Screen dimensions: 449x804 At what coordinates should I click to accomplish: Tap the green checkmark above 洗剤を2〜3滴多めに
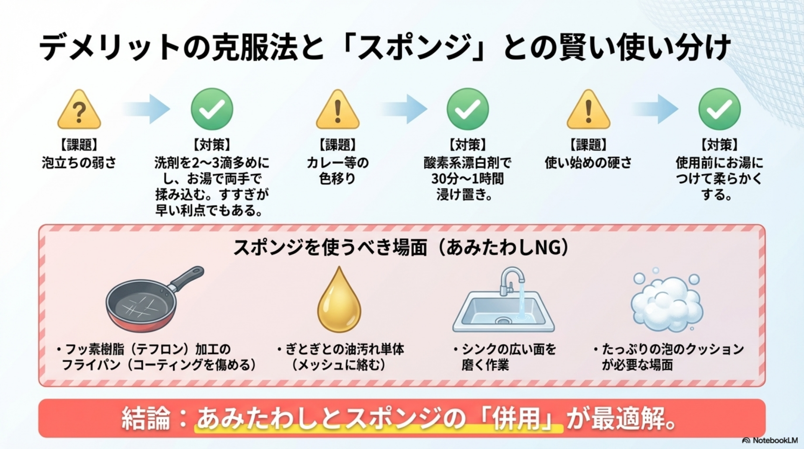[x=212, y=109]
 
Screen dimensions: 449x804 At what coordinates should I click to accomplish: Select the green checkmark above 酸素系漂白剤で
[x=468, y=109]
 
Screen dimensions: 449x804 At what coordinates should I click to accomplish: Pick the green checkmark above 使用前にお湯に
[x=719, y=109]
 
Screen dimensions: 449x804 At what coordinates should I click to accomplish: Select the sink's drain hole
[x=503, y=321]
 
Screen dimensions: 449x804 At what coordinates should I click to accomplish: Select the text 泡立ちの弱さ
[x=79, y=163]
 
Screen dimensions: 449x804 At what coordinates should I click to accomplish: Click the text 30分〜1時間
[x=467, y=179]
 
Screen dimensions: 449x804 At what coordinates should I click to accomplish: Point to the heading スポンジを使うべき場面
[x=330, y=248]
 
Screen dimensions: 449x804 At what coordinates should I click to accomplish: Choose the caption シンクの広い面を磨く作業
[x=508, y=357]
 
